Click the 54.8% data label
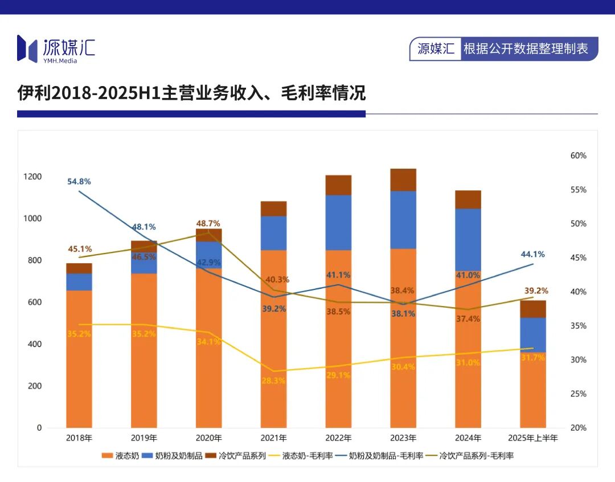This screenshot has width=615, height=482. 79,181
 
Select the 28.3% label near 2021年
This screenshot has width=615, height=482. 273,381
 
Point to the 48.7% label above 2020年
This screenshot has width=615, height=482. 208,223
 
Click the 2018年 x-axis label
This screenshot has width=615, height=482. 79,438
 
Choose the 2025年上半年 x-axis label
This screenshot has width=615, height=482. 533,438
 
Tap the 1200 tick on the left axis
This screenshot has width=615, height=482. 32,177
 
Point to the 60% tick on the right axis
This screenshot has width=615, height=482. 578,156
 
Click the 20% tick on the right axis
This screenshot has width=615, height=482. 578,428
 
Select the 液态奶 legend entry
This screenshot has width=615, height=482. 120,456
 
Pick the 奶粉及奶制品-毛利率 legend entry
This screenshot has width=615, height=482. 379,456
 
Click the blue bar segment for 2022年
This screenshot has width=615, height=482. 338,223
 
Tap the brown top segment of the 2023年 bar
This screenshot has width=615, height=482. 403,179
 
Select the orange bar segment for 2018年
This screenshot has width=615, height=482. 79,359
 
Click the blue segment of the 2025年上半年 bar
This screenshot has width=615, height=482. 533,334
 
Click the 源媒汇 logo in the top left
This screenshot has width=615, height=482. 56,48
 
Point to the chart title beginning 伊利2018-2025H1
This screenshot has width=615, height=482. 191,93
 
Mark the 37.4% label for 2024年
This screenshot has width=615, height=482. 468,319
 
